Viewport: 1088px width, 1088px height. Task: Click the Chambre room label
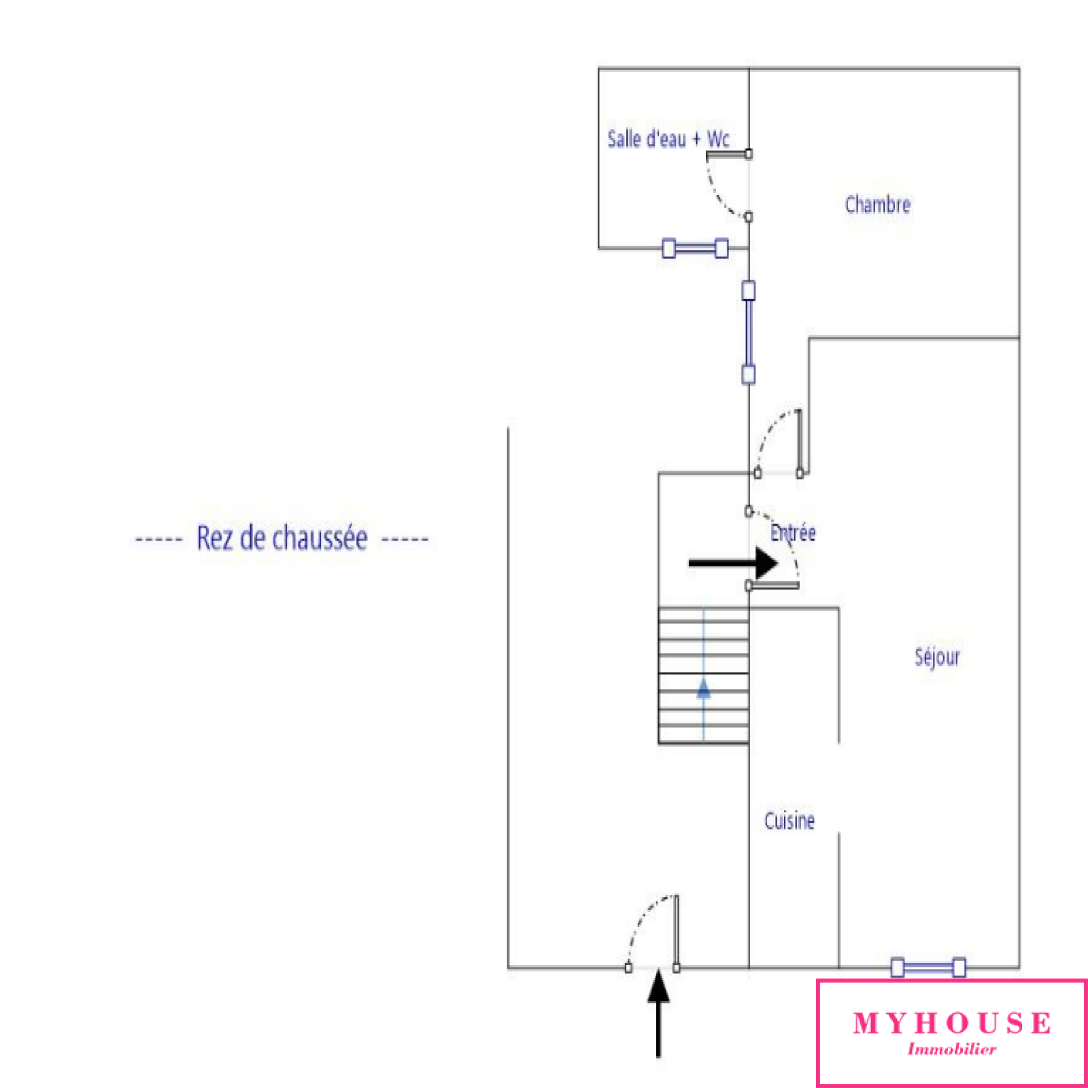pos(877,205)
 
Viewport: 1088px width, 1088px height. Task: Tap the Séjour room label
pos(937,657)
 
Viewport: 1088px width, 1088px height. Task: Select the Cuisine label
pos(789,821)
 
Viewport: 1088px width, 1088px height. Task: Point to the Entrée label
pos(793,532)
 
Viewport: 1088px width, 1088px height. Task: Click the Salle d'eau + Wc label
pos(668,139)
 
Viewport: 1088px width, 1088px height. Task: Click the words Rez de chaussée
pos(282,538)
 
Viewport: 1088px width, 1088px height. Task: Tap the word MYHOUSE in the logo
pos(952,1023)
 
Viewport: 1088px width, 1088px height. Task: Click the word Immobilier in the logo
pos(952,1049)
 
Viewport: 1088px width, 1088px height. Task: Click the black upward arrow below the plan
pos(658,1013)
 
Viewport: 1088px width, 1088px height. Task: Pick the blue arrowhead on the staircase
pos(704,690)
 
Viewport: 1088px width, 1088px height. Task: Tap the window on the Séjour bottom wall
pos(928,967)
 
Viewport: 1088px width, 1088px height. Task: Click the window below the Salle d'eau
pos(695,248)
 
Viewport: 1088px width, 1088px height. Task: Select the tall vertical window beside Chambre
pos(748,333)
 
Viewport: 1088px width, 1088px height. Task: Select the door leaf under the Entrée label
pos(773,585)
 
